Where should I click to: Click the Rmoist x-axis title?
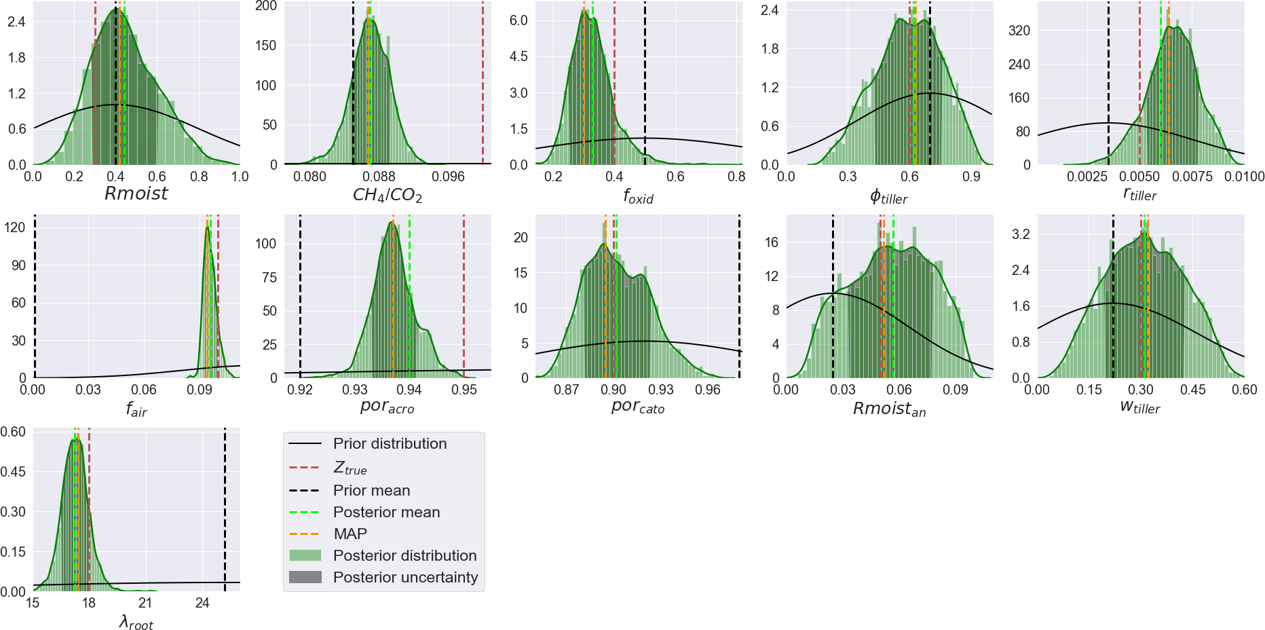tap(136, 193)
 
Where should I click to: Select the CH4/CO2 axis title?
tap(387, 196)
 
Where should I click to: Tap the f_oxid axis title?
tap(638, 197)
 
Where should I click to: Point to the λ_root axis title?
tap(136, 622)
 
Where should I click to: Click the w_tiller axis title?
tap(1140, 407)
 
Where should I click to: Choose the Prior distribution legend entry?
tap(390, 444)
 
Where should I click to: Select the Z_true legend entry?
tap(350, 468)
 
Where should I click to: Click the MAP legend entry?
tap(350, 534)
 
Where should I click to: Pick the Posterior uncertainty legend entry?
tap(405, 578)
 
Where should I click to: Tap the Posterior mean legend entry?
tap(386, 513)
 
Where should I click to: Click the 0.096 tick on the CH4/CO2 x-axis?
tap(448, 177)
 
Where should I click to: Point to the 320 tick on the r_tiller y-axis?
tap(1019, 31)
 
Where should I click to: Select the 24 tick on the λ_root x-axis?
tap(202, 603)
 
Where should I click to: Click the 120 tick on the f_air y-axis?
tap(15, 227)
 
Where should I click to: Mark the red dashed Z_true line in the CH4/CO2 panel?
tap(483, 81)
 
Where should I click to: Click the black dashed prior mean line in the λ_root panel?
tap(225, 509)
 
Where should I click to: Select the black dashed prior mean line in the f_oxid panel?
tap(645, 81)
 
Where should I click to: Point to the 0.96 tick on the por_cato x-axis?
tap(708, 390)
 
